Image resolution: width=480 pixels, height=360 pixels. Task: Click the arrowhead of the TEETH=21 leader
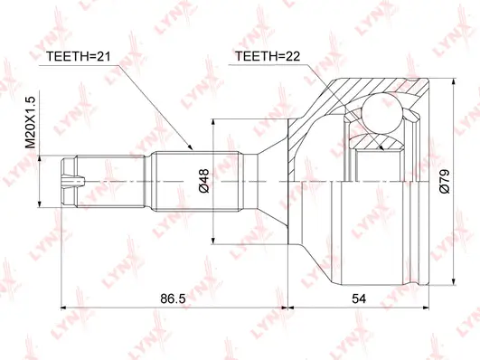click(x=192, y=147)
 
